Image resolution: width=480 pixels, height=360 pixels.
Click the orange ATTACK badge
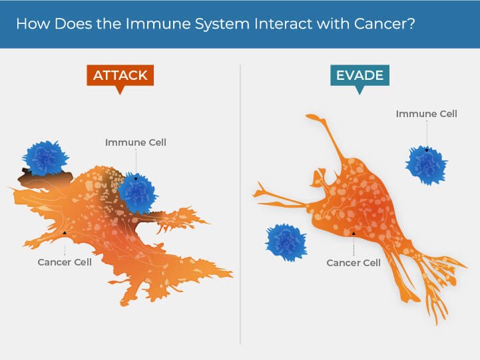(x=120, y=75)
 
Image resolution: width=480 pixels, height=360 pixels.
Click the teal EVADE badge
(x=360, y=75)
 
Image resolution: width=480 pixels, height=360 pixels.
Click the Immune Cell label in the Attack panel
(x=135, y=142)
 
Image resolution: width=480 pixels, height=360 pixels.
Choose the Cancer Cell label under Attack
(x=65, y=262)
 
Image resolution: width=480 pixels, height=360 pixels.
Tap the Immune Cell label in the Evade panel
(x=426, y=114)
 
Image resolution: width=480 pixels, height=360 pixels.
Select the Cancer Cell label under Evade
(x=354, y=263)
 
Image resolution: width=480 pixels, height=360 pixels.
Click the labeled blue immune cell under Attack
(x=137, y=192)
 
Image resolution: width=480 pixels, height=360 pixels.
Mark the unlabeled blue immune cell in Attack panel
(x=45, y=158)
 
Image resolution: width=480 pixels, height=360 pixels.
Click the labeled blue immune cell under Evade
(x=426, y=165)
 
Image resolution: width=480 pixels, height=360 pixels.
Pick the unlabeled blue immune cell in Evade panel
(x=286, y=242)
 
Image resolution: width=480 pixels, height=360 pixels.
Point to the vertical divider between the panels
(x=240, y=200)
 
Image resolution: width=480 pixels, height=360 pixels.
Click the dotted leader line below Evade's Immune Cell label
(x=426, y=133)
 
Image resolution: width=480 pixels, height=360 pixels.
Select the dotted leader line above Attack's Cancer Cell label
(x=65, y=245)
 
